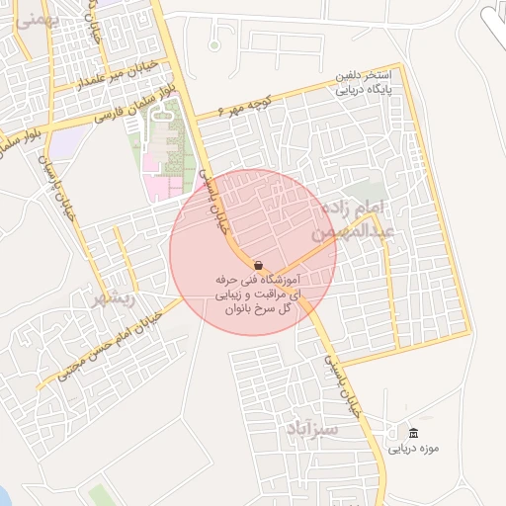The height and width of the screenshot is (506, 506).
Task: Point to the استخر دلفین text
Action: (x=365, y=76)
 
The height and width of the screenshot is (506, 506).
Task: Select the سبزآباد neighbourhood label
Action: (x=315, y=430)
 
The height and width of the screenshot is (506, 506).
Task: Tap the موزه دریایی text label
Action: (x=412, y=449)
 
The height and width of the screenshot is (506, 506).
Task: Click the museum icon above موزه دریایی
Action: (x=412, y=434)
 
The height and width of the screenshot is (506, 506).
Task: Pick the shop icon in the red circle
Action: (x=258, y=265)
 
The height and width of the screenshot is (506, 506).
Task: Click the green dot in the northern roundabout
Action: (x=214, y=45)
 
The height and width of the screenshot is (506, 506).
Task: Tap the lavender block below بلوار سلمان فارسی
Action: (x=64, y=144)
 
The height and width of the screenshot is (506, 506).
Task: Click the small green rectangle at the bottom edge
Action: (x=99, y=494)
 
